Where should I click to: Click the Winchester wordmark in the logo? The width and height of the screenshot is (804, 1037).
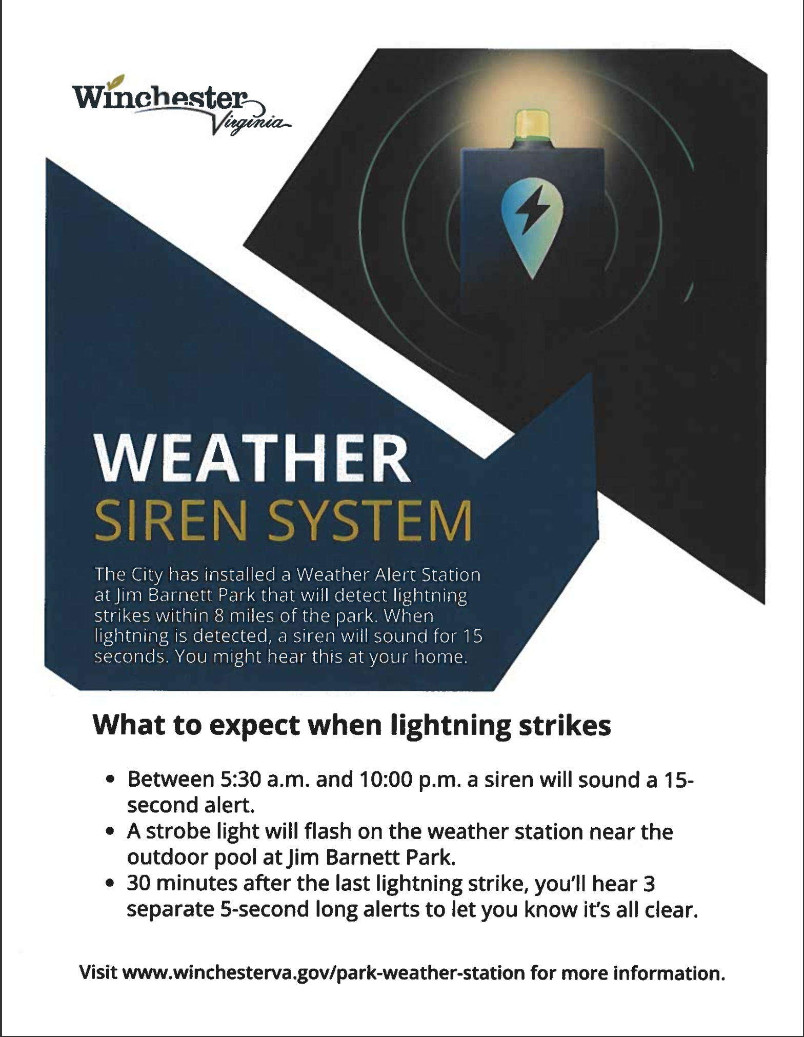(160, 97)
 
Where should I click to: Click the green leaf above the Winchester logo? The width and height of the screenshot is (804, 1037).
(119, 80)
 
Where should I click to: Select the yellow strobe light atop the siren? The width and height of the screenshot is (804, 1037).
(533, 125)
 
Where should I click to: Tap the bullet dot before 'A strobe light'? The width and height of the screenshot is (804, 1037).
(109, 833)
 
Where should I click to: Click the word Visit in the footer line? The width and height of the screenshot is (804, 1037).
(98, 972)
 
